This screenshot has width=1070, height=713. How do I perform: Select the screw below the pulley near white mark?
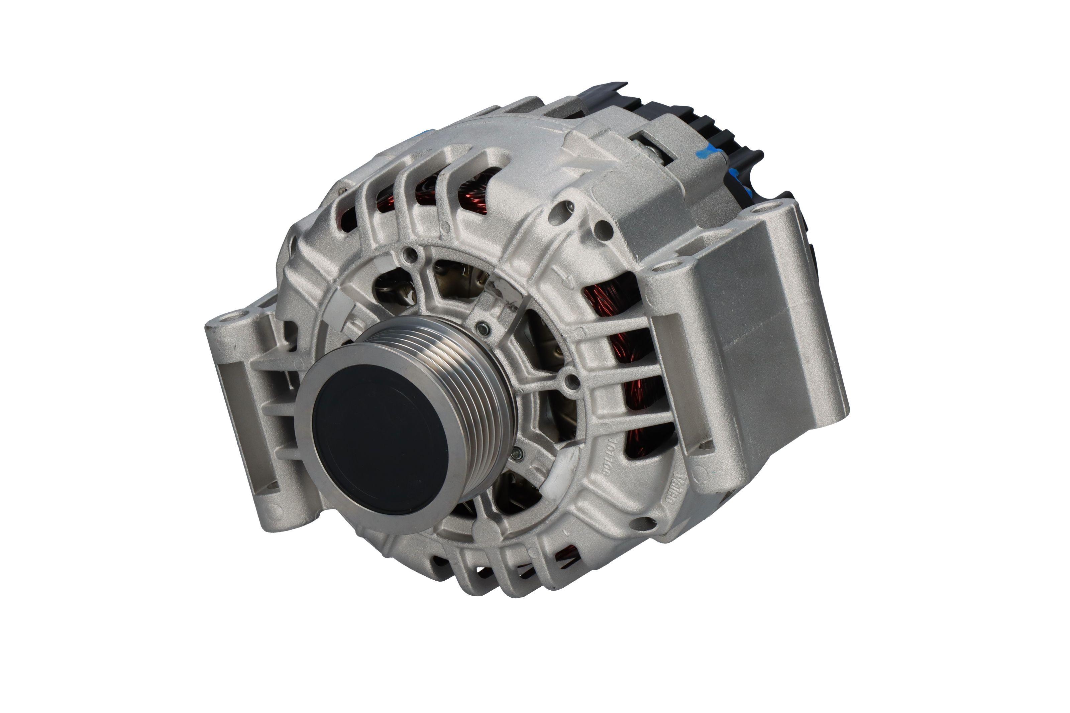click(517, 453)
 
